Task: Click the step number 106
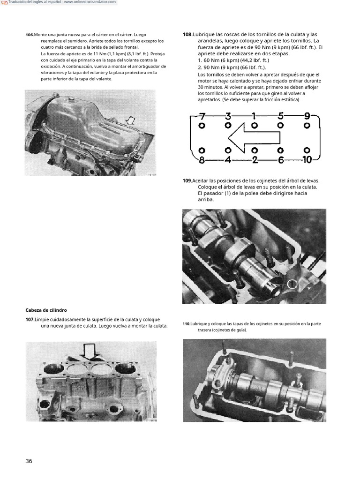click(x=30, y=35)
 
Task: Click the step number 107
click(x=30, y=320)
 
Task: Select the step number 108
click(x=187, y=35)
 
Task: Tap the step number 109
click(x=187, y=181)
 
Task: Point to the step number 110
click(x=187, y=324)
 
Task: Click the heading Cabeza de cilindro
click(x=46, y=310)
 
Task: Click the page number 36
click(x=29, y=461)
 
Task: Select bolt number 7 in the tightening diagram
click(x=202, y=115)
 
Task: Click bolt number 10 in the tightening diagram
click(x=307, y=160)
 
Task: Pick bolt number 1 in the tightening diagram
click(x=254, y=115)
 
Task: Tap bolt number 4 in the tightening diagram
click(x=228, y=160)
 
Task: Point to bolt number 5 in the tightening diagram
click(x=280, y=115)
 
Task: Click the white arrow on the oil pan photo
click(x=131, y=121)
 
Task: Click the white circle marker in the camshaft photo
click(x=292, y=284)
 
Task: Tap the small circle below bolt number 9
click(x=307, y=126)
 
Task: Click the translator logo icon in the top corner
click(x=5, y=2)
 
